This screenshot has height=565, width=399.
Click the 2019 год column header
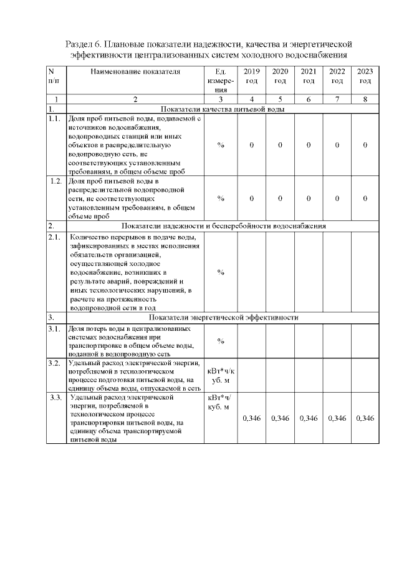click(252, 77)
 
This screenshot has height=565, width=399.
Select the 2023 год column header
click(365, 77)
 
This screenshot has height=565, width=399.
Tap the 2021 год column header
click(309, 77)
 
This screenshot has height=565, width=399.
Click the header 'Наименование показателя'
click(135, 72)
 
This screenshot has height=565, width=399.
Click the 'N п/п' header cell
click(54, 77)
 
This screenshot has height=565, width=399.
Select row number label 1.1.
click(54, 119)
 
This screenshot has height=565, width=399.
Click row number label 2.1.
click(54, 237)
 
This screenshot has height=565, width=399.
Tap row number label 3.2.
click(54, 363)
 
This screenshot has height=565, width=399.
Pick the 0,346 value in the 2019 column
click(252, 418)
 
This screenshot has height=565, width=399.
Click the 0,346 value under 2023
click(365, 418)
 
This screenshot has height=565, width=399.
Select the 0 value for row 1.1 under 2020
click(280, 145)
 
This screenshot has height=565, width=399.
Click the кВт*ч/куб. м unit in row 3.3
click(219, 402)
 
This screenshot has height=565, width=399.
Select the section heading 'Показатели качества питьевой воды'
click(223, 109)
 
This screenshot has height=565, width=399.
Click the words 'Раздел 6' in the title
click(85, 44)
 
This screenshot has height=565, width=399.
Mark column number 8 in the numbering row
click(365, 99)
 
